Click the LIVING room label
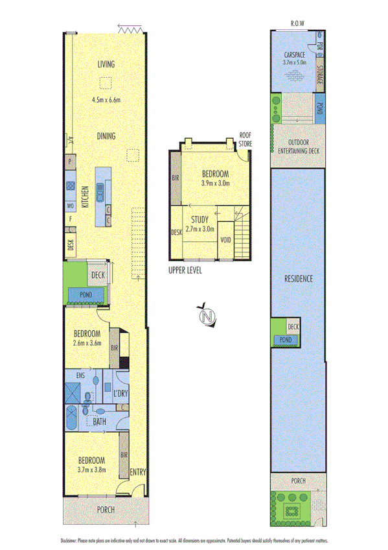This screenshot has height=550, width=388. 106,64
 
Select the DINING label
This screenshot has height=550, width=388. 106,136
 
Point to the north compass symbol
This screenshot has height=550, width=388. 207,317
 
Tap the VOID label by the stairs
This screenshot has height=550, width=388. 225,240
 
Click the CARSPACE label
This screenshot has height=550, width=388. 294,55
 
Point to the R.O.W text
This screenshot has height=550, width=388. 297,23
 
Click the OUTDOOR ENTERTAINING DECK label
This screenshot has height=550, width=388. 297,147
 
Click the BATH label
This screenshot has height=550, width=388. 99,421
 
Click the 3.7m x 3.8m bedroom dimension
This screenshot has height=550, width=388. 91,470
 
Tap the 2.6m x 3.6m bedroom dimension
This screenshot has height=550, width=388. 87,343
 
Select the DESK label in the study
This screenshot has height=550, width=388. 176,232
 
